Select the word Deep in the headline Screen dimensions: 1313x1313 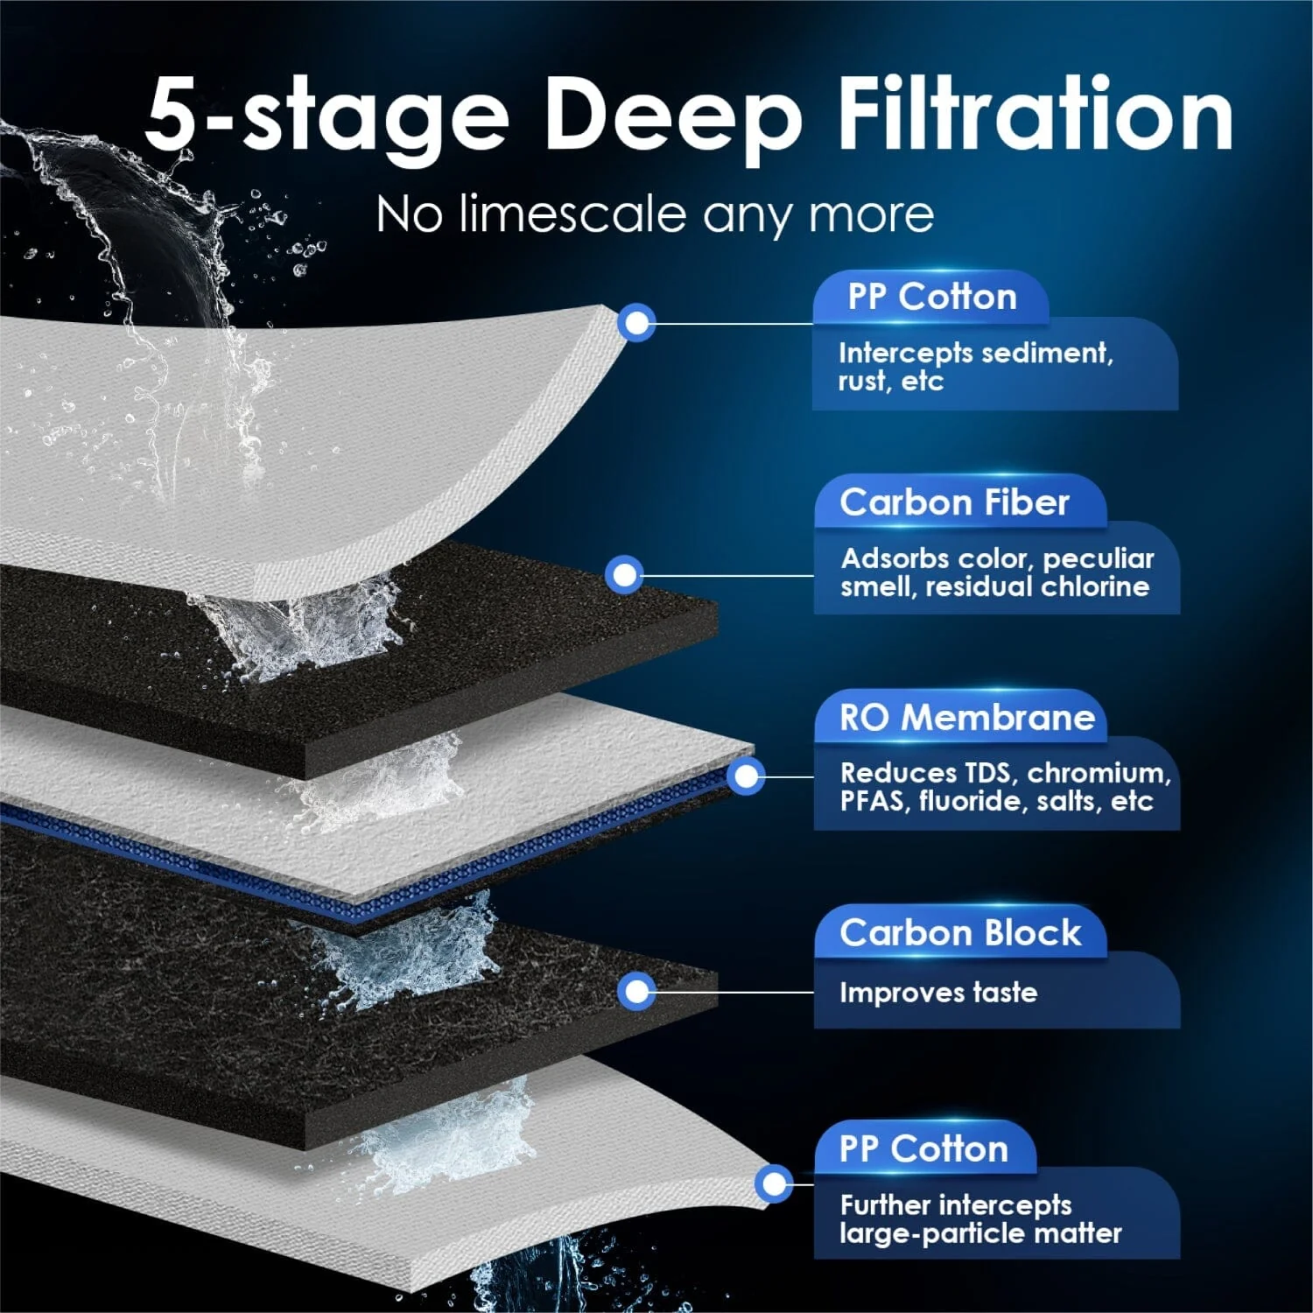click(671, 118)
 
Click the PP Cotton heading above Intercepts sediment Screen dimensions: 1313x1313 click(931, 297)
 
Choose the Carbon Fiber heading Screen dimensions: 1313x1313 click(954, 502)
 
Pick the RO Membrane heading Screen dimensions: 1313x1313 click(966, 718)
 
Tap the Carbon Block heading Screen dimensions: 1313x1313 click(960, 933)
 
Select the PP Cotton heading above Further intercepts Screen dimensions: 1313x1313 click(923, 1148)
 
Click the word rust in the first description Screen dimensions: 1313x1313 click(861, 382)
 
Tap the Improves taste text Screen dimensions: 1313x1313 click(937, 993)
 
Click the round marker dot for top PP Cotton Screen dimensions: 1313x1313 click(637, 323)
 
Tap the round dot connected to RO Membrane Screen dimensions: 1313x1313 click(746, 776)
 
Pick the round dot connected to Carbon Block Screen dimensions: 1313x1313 click(637, 992)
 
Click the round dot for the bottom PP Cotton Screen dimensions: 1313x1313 click(774, 1184)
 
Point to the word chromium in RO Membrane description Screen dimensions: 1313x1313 click(1098, 773)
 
